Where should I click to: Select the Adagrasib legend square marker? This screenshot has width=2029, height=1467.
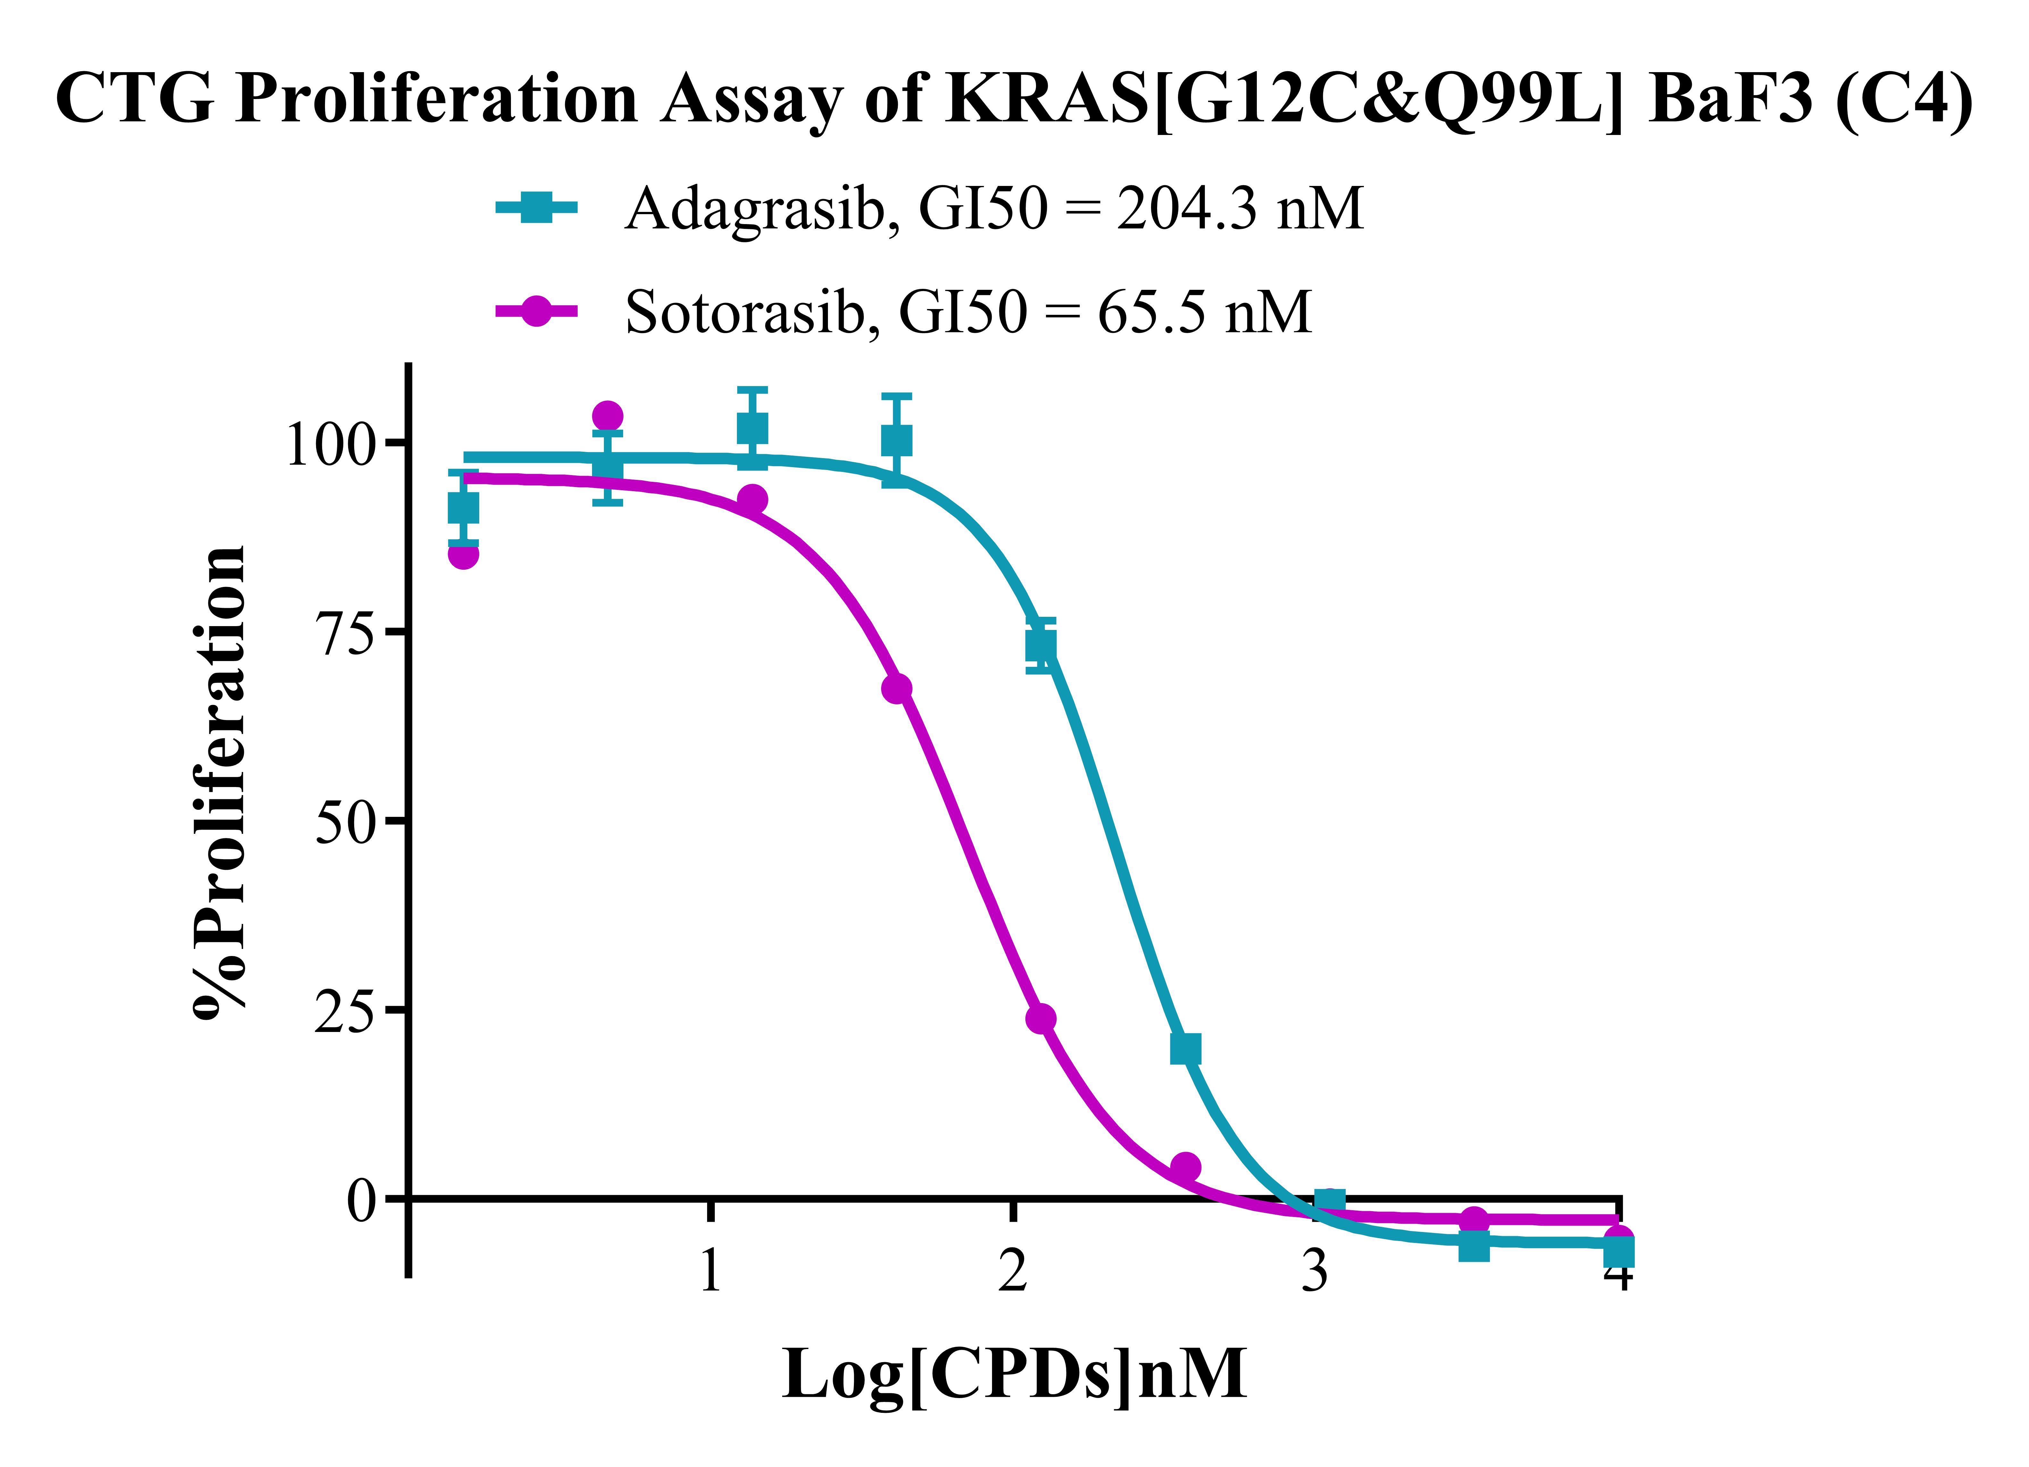[x=536, y=208]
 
